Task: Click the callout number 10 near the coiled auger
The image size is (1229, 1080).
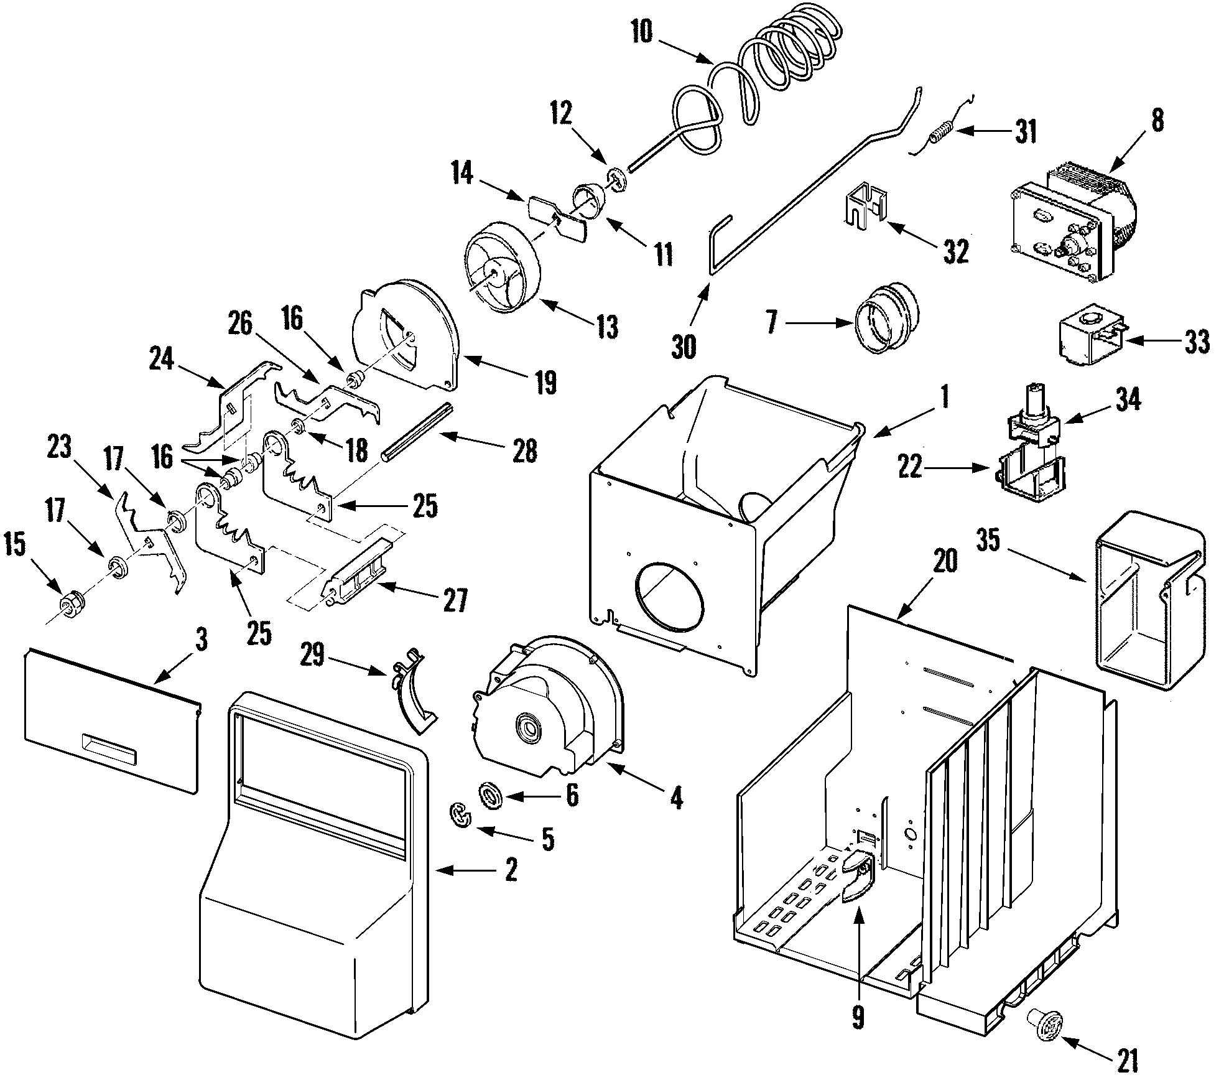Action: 642,32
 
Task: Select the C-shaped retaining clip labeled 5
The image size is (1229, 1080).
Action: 460,816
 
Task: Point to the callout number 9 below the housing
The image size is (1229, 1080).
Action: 858,1017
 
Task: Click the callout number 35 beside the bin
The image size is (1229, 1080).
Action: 988,541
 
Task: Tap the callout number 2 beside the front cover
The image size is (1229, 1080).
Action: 511,869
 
